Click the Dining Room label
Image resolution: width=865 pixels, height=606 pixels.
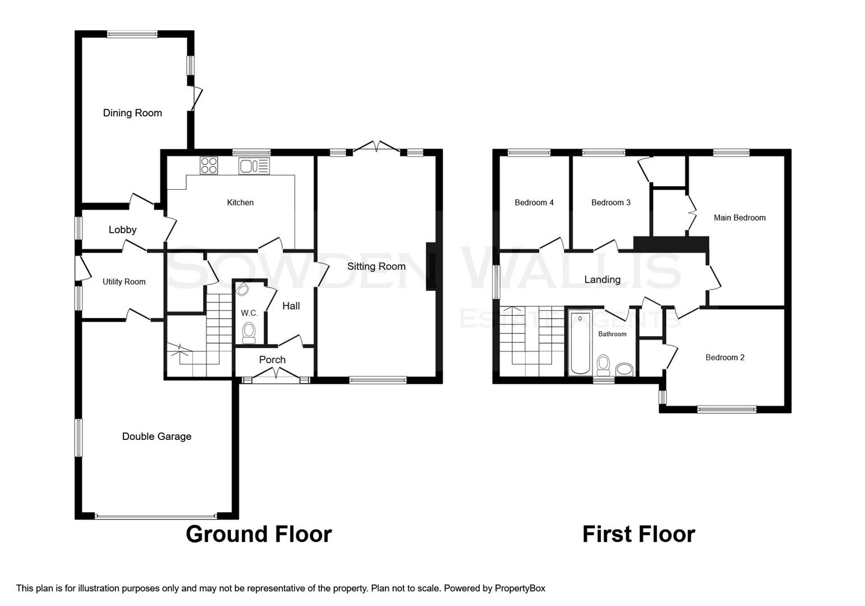pos(132,113)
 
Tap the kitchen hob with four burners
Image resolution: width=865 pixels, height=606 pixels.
pos(209,165)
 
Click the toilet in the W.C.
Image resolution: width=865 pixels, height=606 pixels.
pos(249,331)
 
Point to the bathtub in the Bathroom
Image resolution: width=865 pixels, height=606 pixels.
pos(579,342)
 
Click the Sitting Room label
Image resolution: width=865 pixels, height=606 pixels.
pos(376,267)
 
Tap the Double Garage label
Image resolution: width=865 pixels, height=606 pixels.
pos(157,437)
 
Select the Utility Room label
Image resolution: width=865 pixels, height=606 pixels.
pos(124,282)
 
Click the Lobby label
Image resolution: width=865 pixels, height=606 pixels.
pos(122,229)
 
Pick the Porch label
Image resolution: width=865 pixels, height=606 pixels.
pos(272,360)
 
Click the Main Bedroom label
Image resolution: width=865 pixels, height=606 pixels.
pos(739,218)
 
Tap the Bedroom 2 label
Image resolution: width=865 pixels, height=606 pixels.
pos(725,357)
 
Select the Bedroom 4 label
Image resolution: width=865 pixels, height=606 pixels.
pos(534,203)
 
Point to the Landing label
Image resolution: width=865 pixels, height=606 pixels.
pos(602,279)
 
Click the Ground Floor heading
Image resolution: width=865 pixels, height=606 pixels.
pos(259,534)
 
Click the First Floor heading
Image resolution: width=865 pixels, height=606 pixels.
pos(638,534)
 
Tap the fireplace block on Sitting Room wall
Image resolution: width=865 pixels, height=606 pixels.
pos(431,267)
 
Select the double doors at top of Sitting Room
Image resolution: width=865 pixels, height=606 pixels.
pos(376,147)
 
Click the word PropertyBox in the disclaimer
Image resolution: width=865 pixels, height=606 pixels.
pos(519,588)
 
